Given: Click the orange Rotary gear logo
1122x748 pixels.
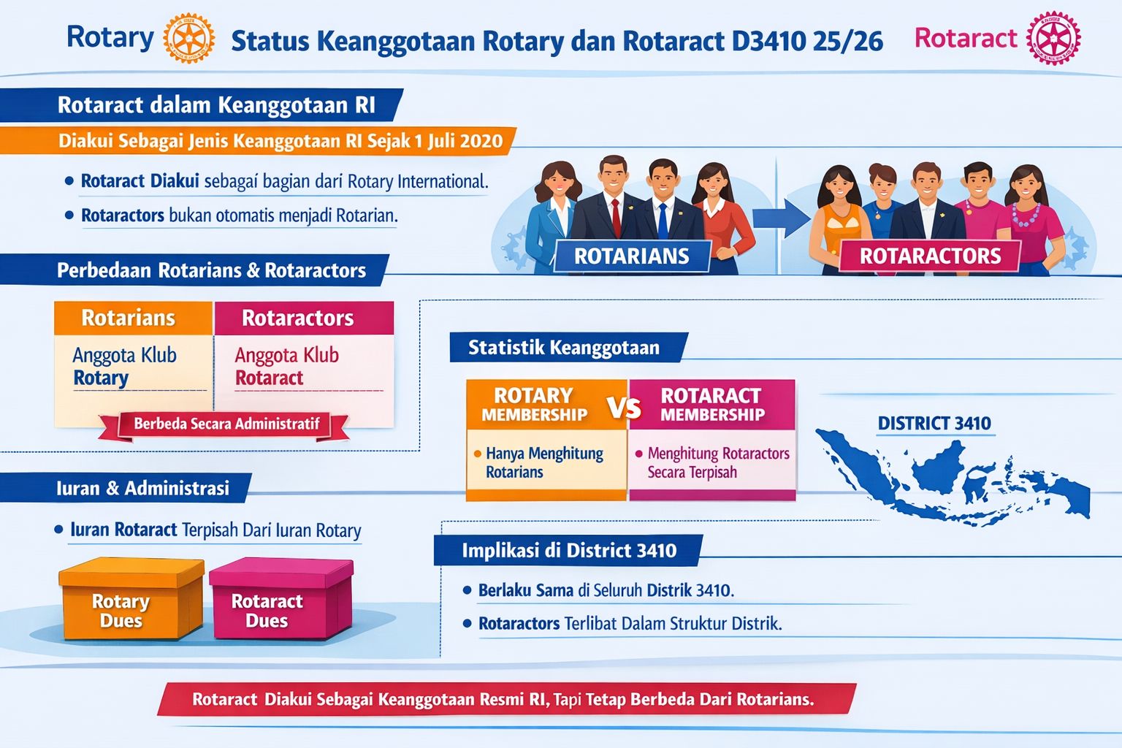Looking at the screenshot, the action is tap(189, 38).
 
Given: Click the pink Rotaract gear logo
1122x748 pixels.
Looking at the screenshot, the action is tap(1053, 38).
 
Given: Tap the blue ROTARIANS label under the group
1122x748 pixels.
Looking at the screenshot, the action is tap(632, 256).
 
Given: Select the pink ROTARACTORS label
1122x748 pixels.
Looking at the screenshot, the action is tap(930, 256).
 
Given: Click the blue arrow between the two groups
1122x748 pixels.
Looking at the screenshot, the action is tap(782, 218).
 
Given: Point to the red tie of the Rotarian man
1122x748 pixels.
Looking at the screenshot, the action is tap(616, 218).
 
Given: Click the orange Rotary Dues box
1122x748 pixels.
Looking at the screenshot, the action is tap(131, 598).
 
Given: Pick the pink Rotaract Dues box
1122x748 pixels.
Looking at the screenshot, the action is tap(281, 598).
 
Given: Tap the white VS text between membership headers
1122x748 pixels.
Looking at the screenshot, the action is tap(624, 408).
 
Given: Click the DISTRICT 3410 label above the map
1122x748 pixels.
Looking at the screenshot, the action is tap(934, 424).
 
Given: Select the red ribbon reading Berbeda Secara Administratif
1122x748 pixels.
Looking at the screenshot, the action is tap(224, 425).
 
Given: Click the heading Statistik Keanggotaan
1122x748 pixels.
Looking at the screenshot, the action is tap(564, 347).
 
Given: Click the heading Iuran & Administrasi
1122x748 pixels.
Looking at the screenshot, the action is tap(142, 488).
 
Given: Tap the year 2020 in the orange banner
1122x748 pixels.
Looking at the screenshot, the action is tap(481, 141).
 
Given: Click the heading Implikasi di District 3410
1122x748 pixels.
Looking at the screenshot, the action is tap(569, 551).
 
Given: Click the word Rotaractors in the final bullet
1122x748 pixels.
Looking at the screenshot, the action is tap(519, 623).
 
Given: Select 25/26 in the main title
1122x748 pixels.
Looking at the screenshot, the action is tap(847, 41).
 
